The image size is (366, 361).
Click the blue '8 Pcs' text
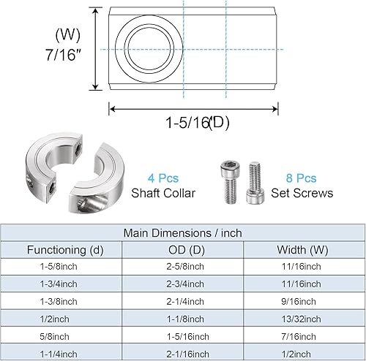click(301, 178)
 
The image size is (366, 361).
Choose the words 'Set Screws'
click(301, 193)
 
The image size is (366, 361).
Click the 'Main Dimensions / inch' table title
click(183, 233)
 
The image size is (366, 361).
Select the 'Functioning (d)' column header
click(66, 250)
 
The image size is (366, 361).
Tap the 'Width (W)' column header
click(300, 250)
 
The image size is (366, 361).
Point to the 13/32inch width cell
click(300, 319)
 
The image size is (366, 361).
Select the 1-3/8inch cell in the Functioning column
click(66, 301)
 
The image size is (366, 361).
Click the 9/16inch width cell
click(300, 301)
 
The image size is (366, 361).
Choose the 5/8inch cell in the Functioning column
click(66, 335)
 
